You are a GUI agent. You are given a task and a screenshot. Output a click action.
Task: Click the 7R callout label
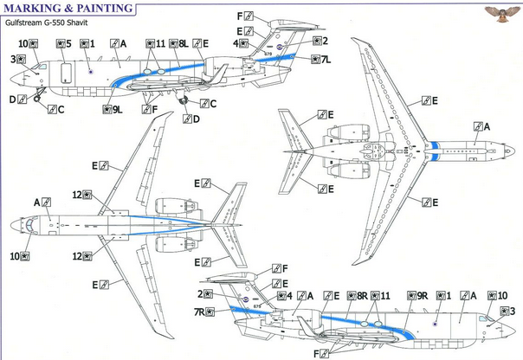click(205, 312)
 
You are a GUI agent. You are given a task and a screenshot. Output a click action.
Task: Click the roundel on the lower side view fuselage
click(436, 325)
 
